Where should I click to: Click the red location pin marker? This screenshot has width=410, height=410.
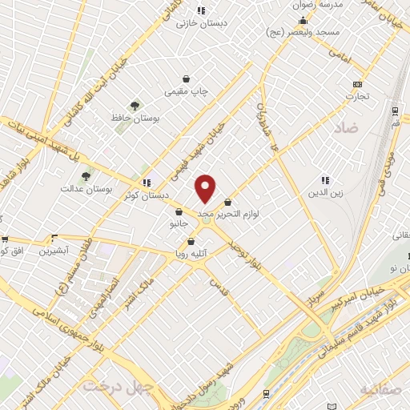pos(206,188)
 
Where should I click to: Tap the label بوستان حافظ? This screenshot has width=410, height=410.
pos(136,119)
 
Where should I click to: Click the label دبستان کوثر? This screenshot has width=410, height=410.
pos(143,195)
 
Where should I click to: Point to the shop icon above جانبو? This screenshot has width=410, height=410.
pos(179,211)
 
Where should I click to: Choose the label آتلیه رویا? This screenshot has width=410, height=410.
pos(192,254)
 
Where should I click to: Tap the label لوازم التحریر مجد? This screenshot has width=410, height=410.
pos(240,214)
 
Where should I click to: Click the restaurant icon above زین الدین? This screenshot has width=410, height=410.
pos(325,181)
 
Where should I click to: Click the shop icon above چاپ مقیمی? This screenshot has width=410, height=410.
pos(187,79)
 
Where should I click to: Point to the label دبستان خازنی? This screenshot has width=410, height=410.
pos(203,22)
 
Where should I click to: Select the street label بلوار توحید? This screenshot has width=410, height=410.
pos(243,256)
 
